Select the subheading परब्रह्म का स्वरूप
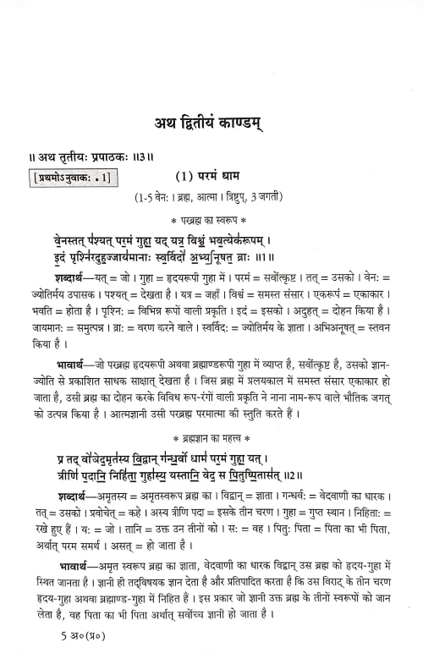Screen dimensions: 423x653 click(213, 215)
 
